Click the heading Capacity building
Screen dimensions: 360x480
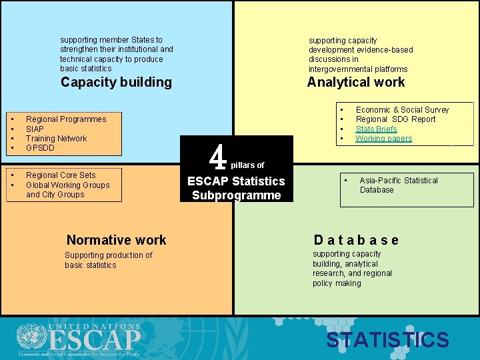[116, 82]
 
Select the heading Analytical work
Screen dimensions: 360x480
[355, 82]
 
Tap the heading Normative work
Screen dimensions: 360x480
[116, 240]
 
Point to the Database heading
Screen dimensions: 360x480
[356, 240]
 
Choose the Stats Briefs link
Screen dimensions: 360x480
[376, 129]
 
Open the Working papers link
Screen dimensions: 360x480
[383, 139]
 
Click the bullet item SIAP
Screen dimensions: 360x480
[35, 129]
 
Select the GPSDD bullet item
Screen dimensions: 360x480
[40, 147]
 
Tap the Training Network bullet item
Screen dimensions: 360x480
[56, 138]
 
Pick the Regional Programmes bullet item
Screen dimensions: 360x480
[66, 119]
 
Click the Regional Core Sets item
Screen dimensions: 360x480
[61, 175]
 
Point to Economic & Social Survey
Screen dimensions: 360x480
[402, 109]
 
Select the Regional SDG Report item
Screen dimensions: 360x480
[395, 119]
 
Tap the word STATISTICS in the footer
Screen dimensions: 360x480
[387, 340]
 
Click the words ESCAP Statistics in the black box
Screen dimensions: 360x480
[236, 181]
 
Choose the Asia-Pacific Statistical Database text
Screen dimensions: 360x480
[399, 185]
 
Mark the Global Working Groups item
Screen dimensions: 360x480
[67, 185]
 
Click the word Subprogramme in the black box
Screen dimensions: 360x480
[237, 195]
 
